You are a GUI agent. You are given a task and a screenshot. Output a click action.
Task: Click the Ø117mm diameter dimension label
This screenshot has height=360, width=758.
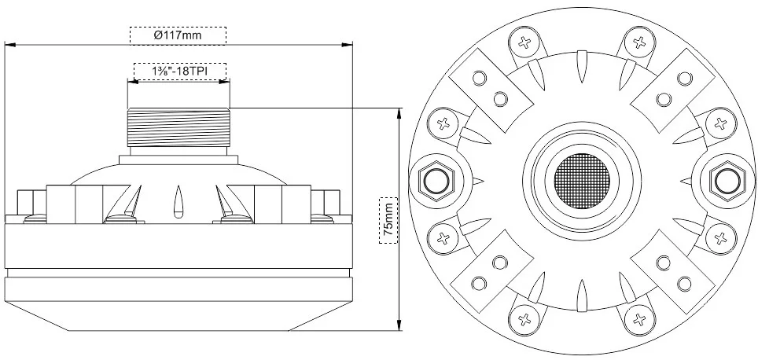click(178, 35)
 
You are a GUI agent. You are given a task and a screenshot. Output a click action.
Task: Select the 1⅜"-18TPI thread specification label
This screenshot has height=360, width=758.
click(180, 72)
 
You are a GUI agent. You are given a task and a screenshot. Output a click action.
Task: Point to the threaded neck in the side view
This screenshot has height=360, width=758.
click(178, 127)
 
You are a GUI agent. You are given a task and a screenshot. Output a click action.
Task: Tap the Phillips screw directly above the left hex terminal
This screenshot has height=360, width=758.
click(442, 123)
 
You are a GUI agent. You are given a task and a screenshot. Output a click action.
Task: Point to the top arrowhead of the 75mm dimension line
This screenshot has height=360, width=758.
click(399, 111)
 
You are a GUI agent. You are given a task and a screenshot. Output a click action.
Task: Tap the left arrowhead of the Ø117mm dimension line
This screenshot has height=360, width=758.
click(8, 46)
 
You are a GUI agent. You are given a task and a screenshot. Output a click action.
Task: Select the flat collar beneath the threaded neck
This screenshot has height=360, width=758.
click(178, 160)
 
